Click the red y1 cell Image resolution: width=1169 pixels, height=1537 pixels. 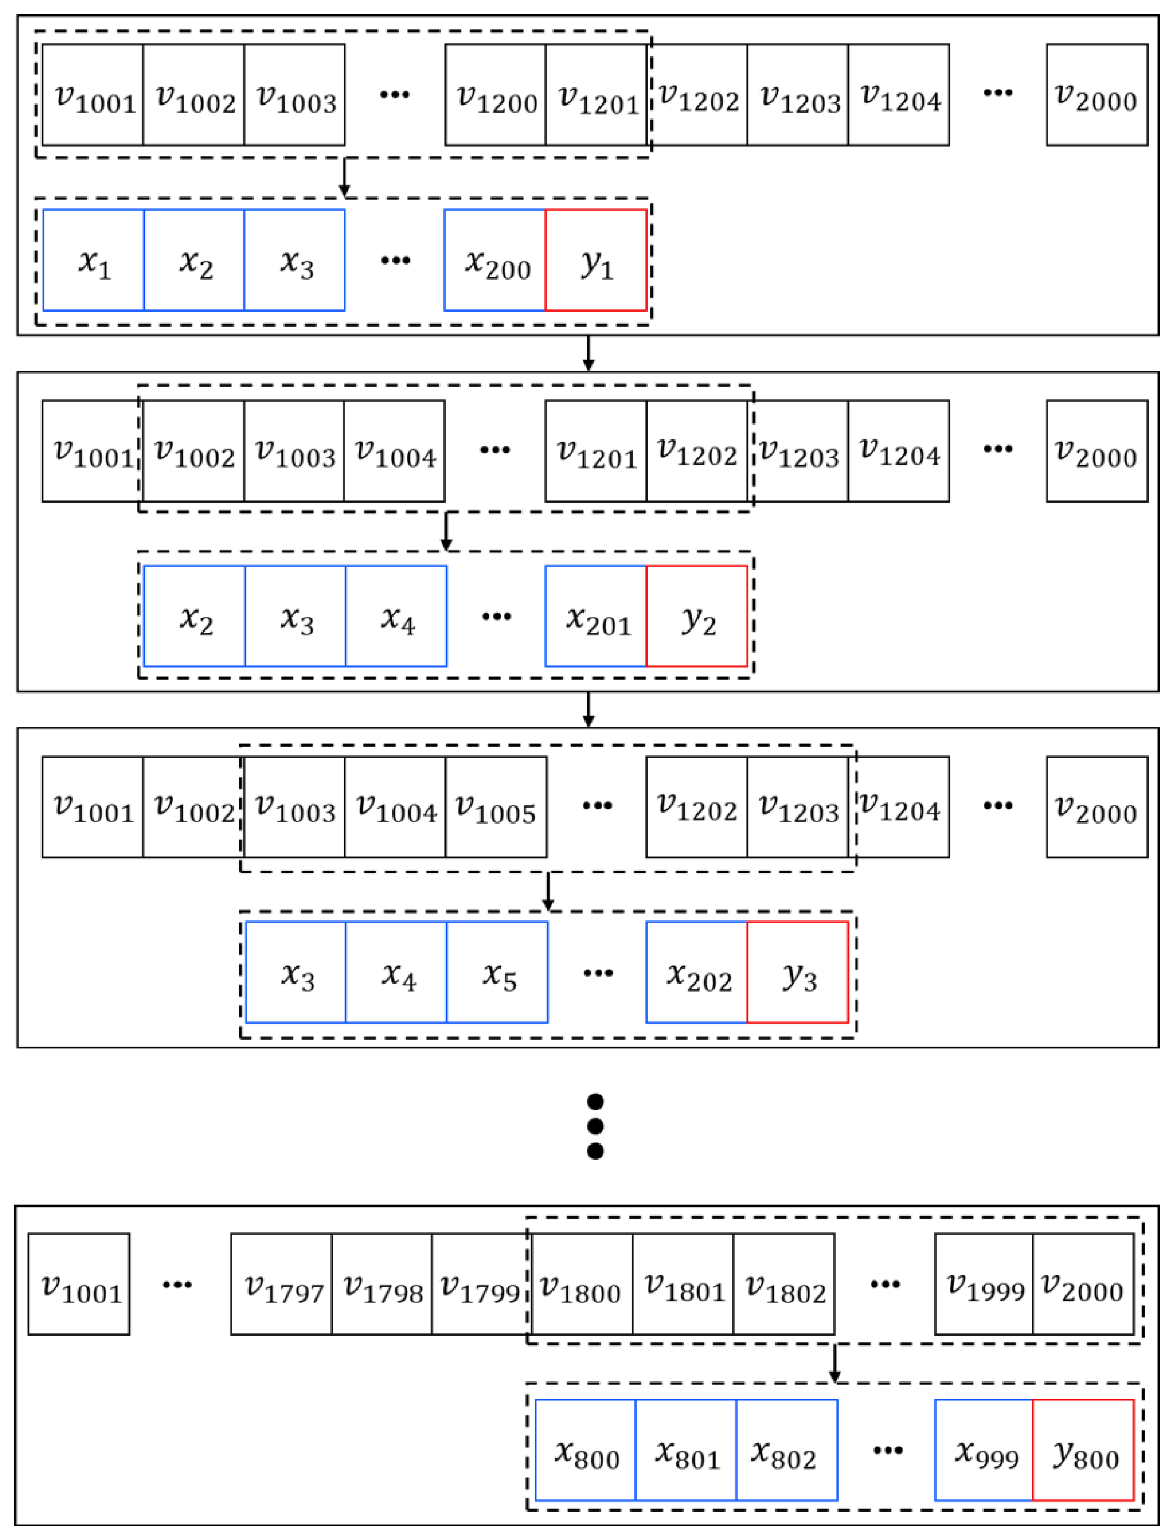[596, 260]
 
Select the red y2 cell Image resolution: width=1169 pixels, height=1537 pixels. [696, 617]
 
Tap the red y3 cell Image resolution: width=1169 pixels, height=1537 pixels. [798, 972]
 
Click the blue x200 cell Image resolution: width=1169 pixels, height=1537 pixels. [495, 260]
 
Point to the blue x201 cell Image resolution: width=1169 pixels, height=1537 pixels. [596, 617]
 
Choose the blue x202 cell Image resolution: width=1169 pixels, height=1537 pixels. [696, 972]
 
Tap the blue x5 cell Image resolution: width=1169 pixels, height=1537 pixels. [497, 972]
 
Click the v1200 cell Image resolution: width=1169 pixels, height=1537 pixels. [495, 95]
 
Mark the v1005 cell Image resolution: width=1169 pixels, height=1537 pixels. [495, 807]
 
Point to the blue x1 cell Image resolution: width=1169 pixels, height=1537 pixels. [93, 260]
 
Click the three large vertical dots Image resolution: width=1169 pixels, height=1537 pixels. [596, 1126]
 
